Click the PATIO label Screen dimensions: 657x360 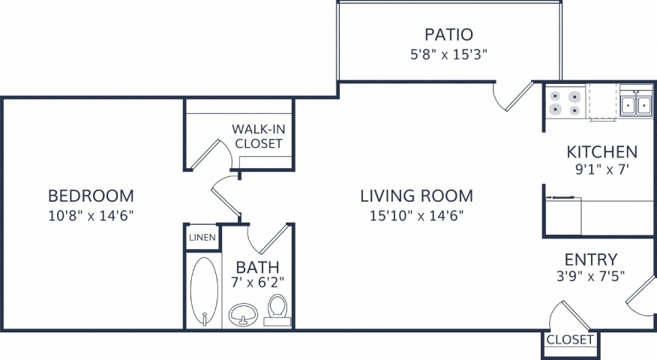448,34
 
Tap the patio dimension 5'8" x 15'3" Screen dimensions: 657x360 448,55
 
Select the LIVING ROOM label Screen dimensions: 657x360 417,196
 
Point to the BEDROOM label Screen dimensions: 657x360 91,196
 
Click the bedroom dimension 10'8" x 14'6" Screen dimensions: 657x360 91,215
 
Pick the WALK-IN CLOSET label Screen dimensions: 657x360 259,136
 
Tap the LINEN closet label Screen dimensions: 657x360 202,238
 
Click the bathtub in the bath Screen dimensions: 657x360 204,291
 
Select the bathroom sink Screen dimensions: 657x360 244,314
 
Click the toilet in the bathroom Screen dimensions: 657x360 277,310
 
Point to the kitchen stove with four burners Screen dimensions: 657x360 565,103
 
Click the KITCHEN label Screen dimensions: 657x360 602,151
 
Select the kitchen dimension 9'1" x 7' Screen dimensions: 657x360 602,169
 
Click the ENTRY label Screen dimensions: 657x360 591,259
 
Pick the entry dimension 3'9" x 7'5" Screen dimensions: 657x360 591,277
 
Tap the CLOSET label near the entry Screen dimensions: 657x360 570,340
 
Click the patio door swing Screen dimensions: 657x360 512,97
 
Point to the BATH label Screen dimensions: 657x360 257,267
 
